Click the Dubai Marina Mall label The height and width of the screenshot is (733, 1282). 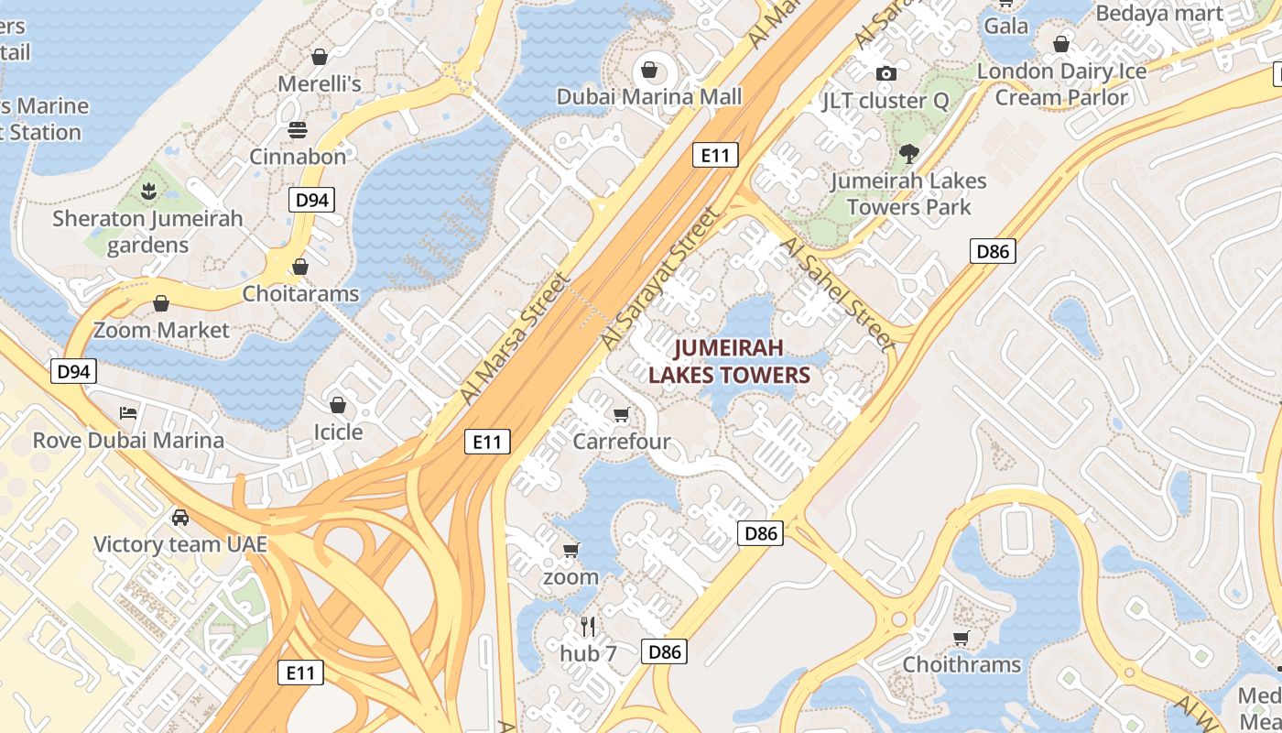(649, 96)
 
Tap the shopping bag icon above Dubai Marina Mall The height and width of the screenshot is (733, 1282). (649, 70)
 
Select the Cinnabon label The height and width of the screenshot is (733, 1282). (299, 157)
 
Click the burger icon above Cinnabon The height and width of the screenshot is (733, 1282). (298, 129)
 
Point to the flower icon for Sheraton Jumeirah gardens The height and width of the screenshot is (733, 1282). (147, 191)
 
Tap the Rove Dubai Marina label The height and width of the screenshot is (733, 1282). (128, 440)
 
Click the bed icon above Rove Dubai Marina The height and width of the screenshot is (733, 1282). (128, 412)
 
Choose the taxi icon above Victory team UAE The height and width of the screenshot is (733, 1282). (180, 518)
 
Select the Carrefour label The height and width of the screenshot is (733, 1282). (622, 442)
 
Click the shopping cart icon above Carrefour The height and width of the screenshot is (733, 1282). (622, 415)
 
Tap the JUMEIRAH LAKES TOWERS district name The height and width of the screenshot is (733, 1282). (730, 361)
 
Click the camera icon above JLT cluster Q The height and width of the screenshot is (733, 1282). (885, 73)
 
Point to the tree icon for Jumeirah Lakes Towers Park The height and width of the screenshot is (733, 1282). (908, 153)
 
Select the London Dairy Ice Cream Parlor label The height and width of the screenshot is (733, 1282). (1061, 84)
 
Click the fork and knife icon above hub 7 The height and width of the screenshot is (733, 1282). (588, 627)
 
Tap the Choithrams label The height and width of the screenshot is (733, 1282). (961, 664)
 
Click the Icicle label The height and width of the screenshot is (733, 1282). (338, 432)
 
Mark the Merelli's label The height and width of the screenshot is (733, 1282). (320, 84)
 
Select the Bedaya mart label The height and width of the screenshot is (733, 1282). (1159, 13)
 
